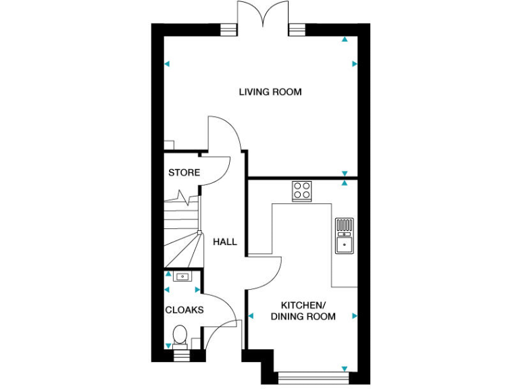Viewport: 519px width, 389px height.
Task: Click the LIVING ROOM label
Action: pyautogui.click(x=270, y=92)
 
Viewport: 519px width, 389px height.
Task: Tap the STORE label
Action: pyautogui.click(x=184, y=173)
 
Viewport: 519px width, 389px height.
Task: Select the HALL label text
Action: pyautogui.click(x=225, y=242)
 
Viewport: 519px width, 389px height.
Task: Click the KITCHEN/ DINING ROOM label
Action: pyautogui.click(x=303, y=311)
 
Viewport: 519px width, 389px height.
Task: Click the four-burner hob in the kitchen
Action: pyautogui.click(x=301, y=191)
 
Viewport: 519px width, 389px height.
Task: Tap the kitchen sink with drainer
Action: pyautogui.click(x=344, y=235)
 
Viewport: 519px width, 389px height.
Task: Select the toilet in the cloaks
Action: pyautogui.click(x=180, y=336)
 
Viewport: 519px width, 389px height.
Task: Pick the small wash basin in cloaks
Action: pyautogui.click(x=181, y=276)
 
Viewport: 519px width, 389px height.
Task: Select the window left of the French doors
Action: pyautogui.click(x=230, y=29)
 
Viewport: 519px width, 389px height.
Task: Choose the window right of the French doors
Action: pyautogui.click(x=297, y=29)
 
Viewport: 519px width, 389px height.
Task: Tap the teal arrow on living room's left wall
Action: pyautogui.click(x=167, y=65)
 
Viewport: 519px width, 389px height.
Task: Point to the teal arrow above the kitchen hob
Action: pyautogui.click(x=345, y=183)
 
